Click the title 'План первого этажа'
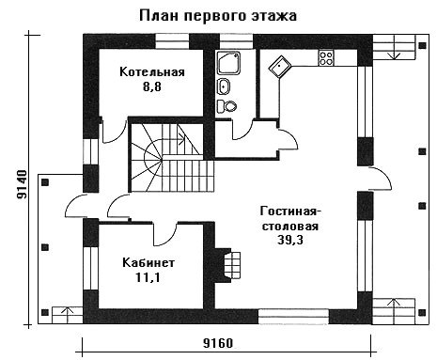pos(218,15)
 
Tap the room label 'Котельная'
pos(152,72)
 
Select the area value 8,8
pos(152,86)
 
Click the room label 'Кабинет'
pos(148,262)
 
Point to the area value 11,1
pos(148,277)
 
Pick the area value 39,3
pos(290,240)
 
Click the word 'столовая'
pos(290,227)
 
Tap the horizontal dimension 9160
pos(218,343)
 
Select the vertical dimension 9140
pos(22,185)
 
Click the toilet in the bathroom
pos(226,106)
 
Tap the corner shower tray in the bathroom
pos(228,63)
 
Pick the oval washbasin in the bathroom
pos(224,86)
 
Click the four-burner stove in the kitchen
pos(326,58)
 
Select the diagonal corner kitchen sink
pos(280,68)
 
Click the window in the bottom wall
pos(293,317)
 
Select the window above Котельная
pos(172,41)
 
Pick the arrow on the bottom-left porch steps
pos(67,315)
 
